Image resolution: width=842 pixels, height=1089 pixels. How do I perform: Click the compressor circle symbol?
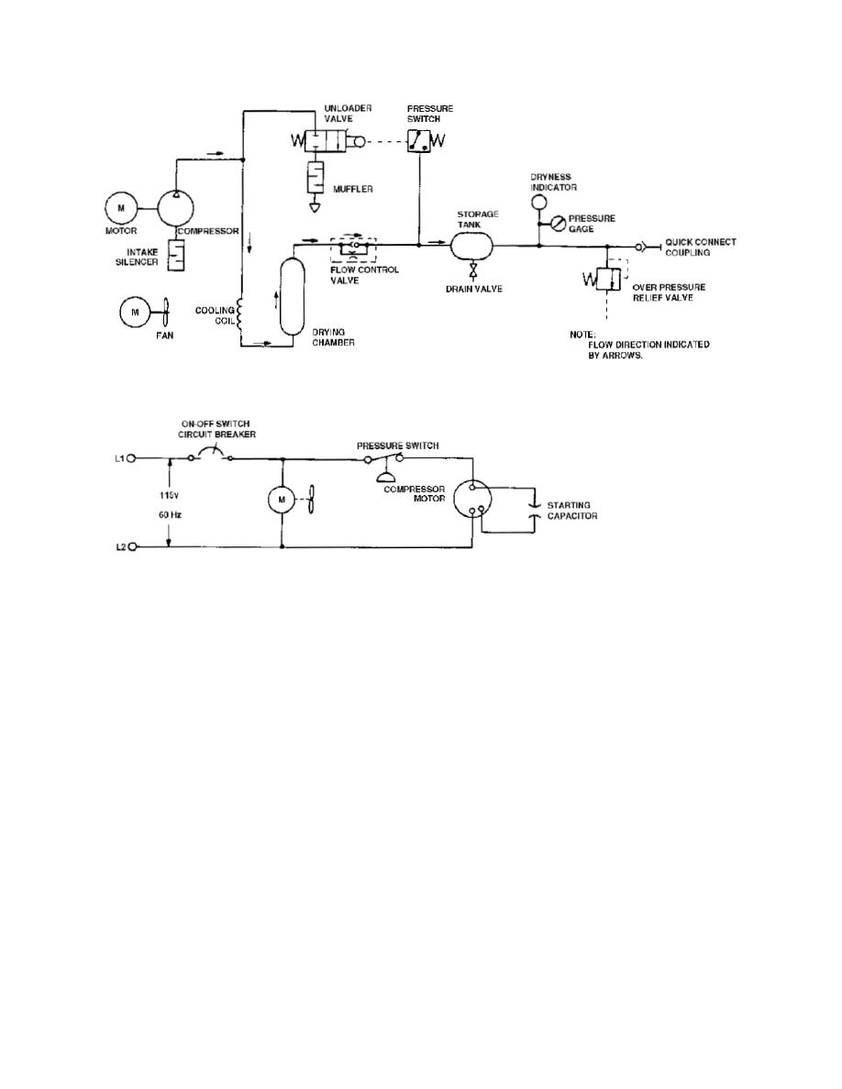coord(175,208)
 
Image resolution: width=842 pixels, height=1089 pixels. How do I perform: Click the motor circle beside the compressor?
coord(122,208)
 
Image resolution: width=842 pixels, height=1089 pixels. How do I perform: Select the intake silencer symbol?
coord(176,255)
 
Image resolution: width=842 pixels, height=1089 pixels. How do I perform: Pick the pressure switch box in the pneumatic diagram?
coord(418,142)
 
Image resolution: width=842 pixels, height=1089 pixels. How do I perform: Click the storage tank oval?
coord(471,245)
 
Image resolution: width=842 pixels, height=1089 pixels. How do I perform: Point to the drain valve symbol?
coord(472,269)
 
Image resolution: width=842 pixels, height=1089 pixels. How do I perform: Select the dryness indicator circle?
coord(538,202)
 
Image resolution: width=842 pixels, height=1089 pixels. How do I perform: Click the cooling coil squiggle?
coord(240,314)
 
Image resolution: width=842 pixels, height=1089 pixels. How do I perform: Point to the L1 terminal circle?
coord(131,458)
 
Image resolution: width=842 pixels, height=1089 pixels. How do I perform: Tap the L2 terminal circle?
coord(131,546)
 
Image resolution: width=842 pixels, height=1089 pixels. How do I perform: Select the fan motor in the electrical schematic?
coord(283,500)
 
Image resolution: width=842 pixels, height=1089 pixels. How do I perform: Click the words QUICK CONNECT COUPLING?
coord(700,247)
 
